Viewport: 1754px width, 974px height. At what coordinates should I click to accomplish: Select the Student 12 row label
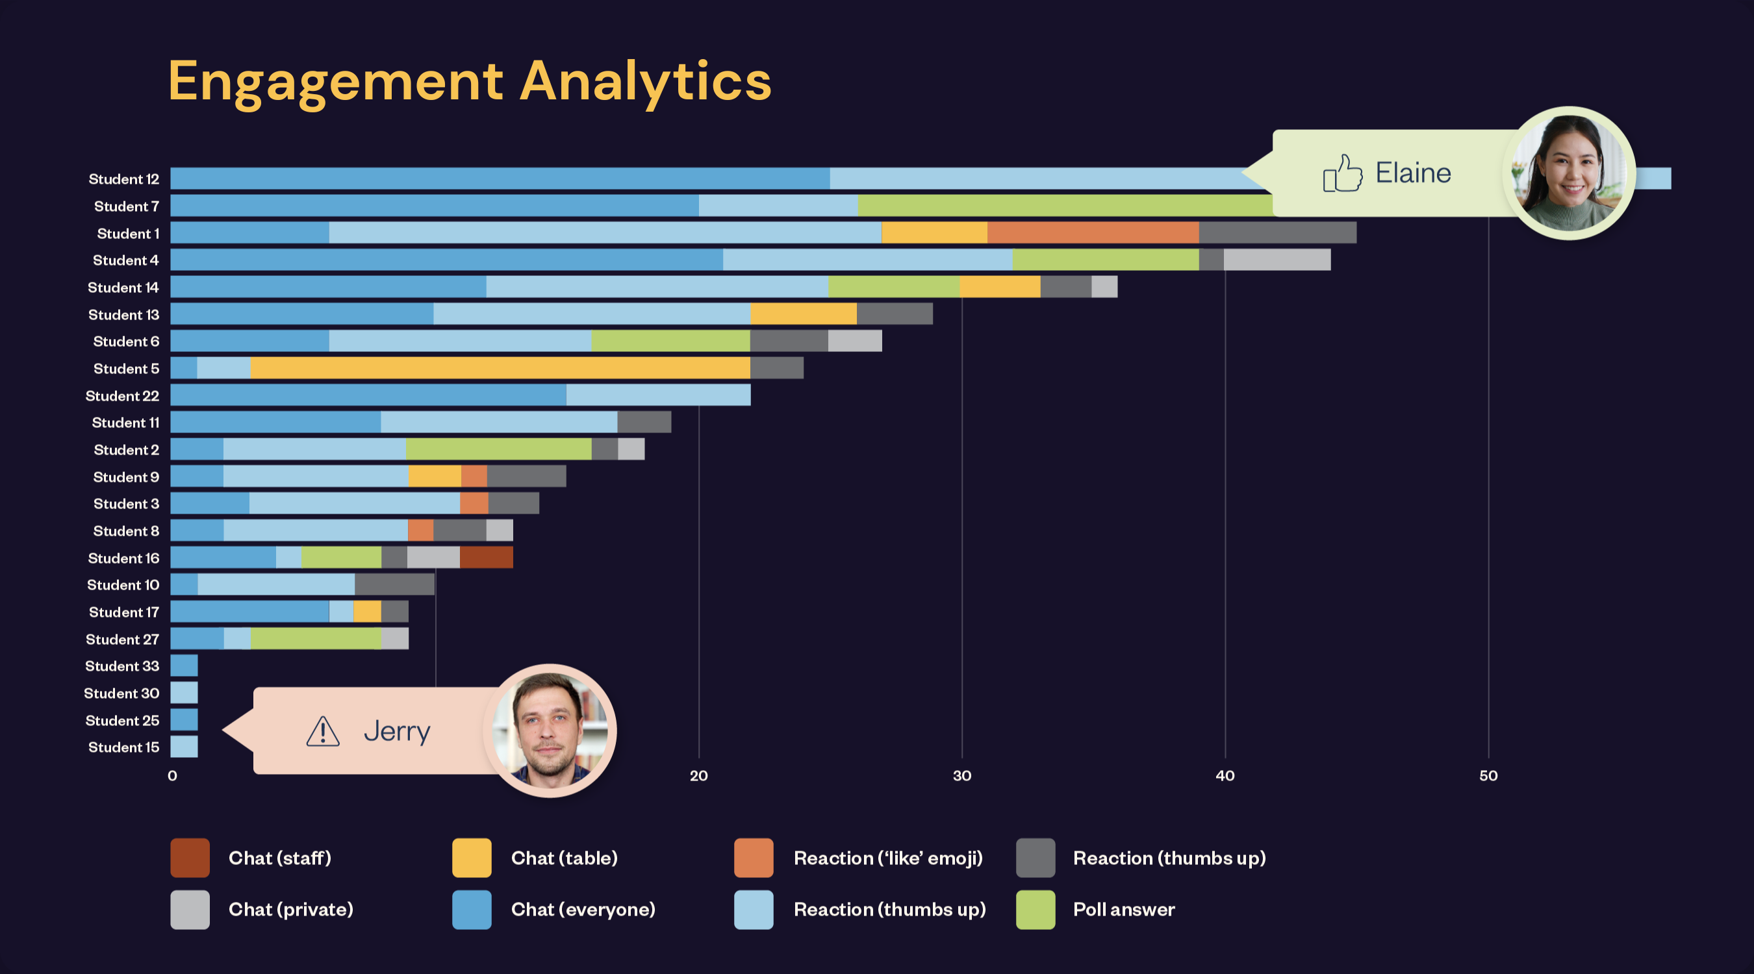click(123, 179)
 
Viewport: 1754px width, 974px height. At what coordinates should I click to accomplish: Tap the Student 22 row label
click(122, 395)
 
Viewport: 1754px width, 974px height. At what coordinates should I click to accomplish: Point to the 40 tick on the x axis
click(1225, 775)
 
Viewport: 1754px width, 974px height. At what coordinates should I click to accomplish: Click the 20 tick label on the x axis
click(698, 775)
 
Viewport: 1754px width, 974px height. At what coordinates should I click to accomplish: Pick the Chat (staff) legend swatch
click(190, 858)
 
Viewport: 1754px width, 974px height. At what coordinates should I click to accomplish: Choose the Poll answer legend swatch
click(1035, 909)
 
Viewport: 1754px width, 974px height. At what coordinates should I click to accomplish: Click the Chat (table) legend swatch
click(471, 858)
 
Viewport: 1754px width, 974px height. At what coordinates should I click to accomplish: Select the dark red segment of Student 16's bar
click(486, 557)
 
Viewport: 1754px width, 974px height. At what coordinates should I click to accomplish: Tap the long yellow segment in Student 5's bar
click(500, 368)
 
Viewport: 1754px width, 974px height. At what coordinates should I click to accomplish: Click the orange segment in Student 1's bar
click(1093, 232)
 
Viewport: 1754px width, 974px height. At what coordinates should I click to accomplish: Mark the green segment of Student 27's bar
click(315, 638)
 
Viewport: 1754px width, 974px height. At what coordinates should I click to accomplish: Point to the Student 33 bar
click(184, 666)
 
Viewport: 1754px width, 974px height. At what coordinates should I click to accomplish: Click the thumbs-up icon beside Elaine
click(1342, 173)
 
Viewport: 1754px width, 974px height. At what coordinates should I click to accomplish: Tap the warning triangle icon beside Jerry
click(323, 732)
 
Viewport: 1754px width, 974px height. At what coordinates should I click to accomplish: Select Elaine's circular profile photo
click(1569, 173)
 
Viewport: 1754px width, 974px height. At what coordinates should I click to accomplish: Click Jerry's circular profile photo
click(550, 730)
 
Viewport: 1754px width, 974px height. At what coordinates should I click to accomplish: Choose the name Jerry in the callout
click(397, 732)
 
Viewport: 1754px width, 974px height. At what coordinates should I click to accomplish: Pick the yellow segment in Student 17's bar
click(367, 611)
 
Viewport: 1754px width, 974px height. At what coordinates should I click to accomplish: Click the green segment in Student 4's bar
click(1105, 260)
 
